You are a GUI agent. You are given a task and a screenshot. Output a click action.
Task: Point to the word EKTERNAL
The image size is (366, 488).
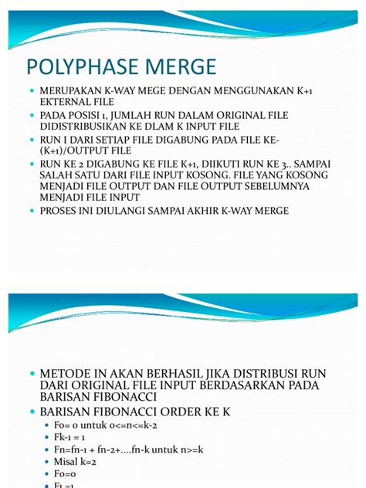(x=66, y=101)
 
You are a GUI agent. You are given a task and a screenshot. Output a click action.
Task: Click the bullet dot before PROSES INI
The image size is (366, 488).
(x=32, y=210)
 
